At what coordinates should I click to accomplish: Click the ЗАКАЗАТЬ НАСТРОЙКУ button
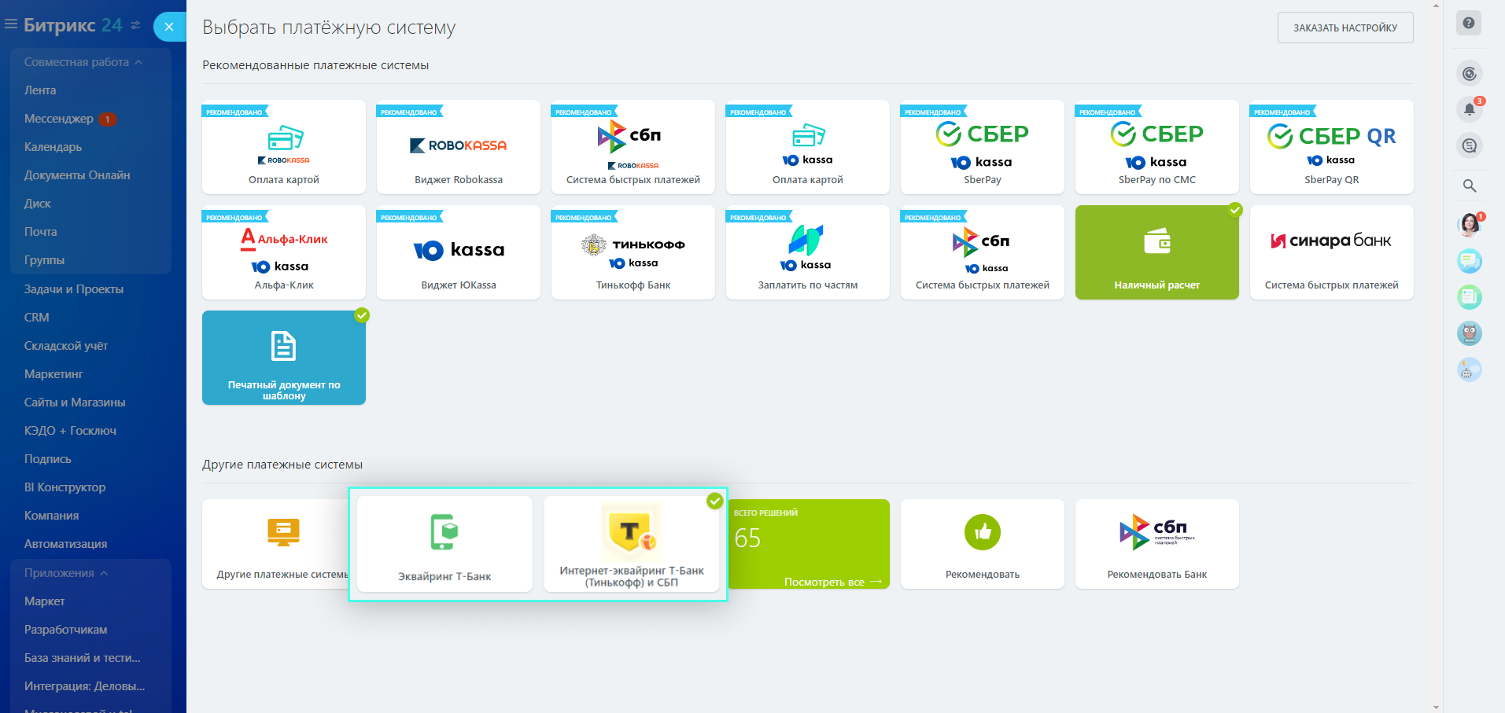tap(1345, 28)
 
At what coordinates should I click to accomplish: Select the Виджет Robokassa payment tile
tap(458, 147)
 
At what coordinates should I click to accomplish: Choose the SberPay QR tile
tap(1331, 147)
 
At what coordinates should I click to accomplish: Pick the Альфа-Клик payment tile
tap(284, 252)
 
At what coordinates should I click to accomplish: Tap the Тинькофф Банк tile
tap(633, 252)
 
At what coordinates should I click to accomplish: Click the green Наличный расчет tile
tap(1156, 252)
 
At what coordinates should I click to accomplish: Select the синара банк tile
tap(1331, 252)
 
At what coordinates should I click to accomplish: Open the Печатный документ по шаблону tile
tap(284, 358)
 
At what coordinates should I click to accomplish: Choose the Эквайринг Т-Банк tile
tap(444, 544)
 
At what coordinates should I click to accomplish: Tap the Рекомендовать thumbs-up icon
tap(982, 532)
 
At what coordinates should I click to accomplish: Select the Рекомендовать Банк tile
tap(1156, 544)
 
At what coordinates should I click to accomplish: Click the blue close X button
tap(169, 27)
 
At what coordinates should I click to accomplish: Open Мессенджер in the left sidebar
tap(59, 119)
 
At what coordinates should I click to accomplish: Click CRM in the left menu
tap(37, 318)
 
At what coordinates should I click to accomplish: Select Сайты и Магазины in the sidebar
tap(75, 402)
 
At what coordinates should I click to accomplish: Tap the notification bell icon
tap(1469, 109)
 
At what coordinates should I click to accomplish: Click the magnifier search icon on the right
tap(1469, 186)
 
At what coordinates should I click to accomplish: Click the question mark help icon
tap(1468, 24)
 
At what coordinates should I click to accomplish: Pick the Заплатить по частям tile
tap(807, 252)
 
